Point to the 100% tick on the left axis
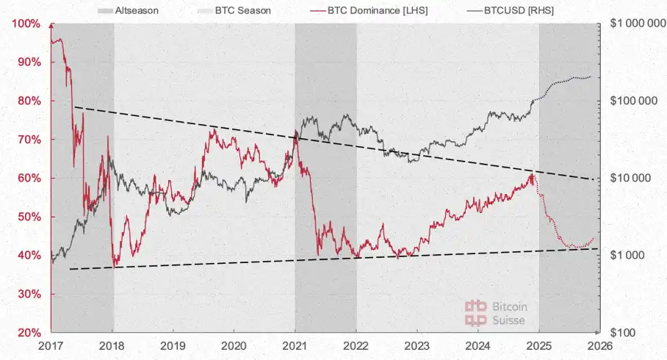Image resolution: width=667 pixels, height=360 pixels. pyautogui.click(x=26, y=24)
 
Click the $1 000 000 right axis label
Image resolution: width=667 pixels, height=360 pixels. pyautogui.click(x=635, y=24)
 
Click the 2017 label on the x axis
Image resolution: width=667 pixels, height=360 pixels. pyautogui.click(x=51, y=345)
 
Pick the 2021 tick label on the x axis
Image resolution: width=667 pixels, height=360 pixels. pyautogui.click(x=295, y=345)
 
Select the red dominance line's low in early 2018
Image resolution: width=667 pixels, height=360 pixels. pyautogui.click(x=115, y=265)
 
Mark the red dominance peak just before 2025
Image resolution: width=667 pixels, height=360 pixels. pyautogui.click(x=531, y=173)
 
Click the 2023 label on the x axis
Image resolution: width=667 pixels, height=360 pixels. pyautogui.click(x=417, y=345)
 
